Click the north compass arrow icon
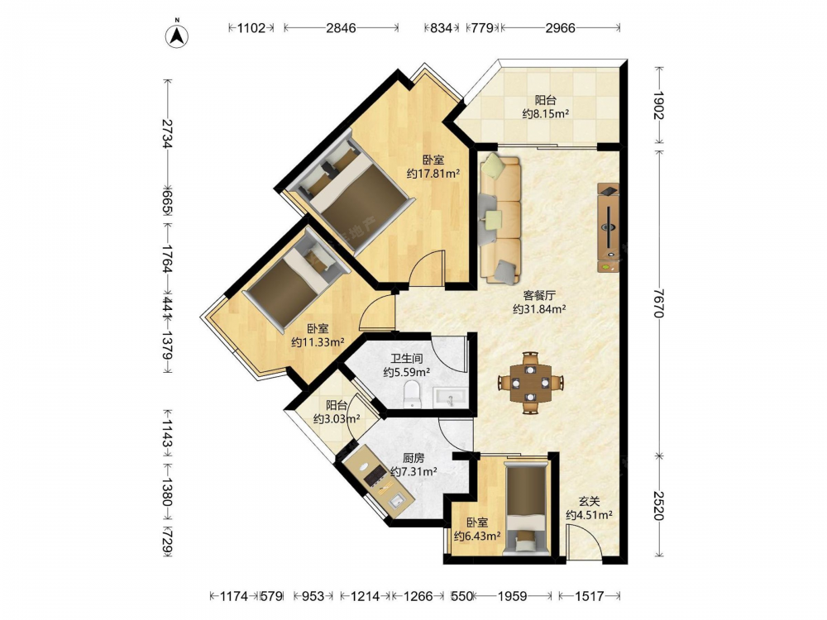click(x=178, y=35)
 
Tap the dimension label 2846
click(x=341, y=28)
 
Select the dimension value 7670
click(x=658, y=302)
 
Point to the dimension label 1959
click(x=512, y=596)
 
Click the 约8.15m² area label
click(x=545, y=114)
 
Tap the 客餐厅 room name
click(x=539, y=295)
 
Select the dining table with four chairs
click(x=531, y=382)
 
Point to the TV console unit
click(x=608, y=228)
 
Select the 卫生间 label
click(x=407, y=359)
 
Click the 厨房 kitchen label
click(x=413, y=458)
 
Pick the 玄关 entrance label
click(x=589, y=502)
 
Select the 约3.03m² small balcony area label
click(x=337, y=419)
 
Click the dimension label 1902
click(x=658, y=106)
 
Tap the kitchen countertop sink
click(x=397, y=500)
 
